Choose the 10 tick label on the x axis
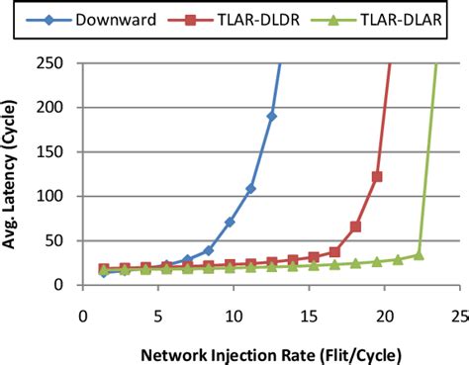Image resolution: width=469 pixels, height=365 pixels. [233, 316]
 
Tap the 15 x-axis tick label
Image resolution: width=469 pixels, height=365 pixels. [309, 316]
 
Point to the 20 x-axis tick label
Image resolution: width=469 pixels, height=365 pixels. [385, 316]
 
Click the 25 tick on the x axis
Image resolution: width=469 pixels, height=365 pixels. [459, 316]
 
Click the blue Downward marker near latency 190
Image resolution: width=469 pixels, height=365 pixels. [272, 117]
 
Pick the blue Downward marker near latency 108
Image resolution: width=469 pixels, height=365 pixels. [250, 189]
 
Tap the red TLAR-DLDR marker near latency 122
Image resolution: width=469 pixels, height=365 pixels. [377, 177]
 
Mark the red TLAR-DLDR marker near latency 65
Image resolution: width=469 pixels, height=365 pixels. [355, 227]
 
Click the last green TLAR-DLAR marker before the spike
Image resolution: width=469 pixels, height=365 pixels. [420, 255]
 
